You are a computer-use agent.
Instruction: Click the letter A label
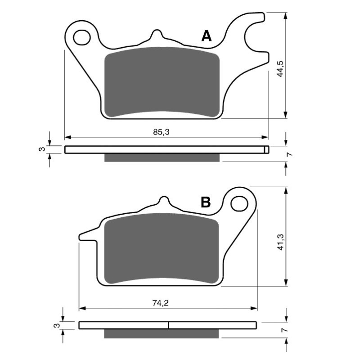pyautogui.click(x=206, y=36)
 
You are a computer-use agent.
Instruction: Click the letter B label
pyautogui.click(x=206, y=202)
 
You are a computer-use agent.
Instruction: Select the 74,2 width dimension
pyautogui.click(x=160, y=303)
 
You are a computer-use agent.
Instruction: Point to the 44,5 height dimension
pyautogui.click(x=280, y=66)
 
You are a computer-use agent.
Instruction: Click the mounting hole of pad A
pyautogui.click(x=81, y=37)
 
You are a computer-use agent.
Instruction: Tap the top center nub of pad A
pyautogui.click(x=156, y=36)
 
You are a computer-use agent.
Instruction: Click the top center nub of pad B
pyautogui.click(x=164, y=202)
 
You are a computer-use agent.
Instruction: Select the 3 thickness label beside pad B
pyautogui.click(x=56, y=325)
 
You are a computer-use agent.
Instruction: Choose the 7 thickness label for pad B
pyautogui.click(x=283, y=330)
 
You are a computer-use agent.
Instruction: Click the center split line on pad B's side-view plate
pyautogui.click(x=168, y=325)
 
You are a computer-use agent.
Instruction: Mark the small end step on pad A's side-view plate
pyautogui.click(x=266, y=150)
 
